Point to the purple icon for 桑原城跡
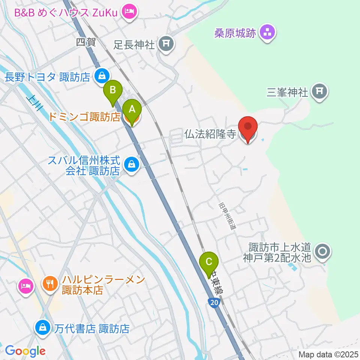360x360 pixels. click(x=267, y=33)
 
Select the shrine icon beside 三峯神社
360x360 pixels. click(x=320, y=91)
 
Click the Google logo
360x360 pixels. click(x=25, y=351)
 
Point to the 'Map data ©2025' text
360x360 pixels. click(x=328, y=354)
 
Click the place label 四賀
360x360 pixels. click(x=86, y=42)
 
